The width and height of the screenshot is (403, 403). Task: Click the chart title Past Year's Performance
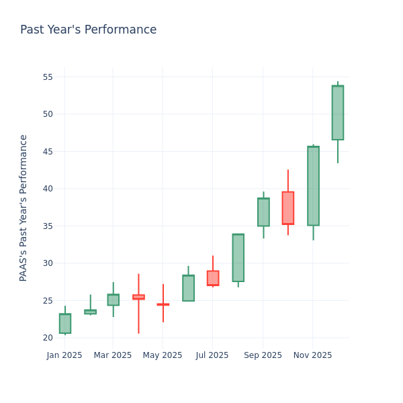88,30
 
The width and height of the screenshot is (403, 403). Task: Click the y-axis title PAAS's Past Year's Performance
24,208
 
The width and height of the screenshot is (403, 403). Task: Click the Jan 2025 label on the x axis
64,355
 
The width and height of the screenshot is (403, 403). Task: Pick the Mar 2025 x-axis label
113,355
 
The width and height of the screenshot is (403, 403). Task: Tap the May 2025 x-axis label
163,355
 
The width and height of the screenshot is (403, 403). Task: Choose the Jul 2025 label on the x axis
212,355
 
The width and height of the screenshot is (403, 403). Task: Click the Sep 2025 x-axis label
263,355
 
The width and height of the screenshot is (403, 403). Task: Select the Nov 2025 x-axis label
312,355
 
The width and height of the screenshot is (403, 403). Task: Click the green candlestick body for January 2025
64,323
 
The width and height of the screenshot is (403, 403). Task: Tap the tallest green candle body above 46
338,113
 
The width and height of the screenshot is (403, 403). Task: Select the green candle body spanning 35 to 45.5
313,186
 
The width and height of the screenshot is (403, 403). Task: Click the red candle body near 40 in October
288,208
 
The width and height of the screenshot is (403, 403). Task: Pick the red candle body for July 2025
213,278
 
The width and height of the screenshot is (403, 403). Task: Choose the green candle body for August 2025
238,258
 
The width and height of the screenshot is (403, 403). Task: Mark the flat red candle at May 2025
163,304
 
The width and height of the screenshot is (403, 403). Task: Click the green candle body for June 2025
188,288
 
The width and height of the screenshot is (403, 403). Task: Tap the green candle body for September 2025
263,212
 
